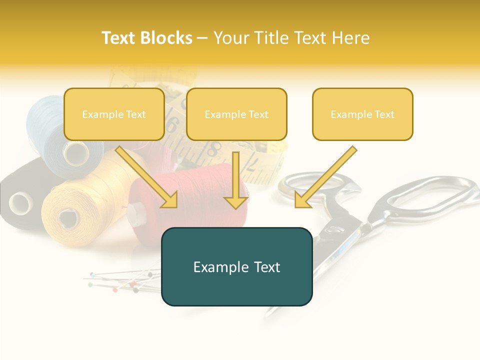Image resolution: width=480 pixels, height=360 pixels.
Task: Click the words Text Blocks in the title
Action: pos(146,38)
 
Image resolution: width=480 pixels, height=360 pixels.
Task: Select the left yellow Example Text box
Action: pos(114,114)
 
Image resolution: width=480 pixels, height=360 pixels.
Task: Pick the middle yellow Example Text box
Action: pos(236,114)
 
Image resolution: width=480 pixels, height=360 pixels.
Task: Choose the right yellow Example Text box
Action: pos(362,114)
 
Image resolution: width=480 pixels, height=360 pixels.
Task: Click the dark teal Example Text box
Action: pos(236,266)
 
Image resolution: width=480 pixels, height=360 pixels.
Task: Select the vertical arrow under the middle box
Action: pos(235,180)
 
